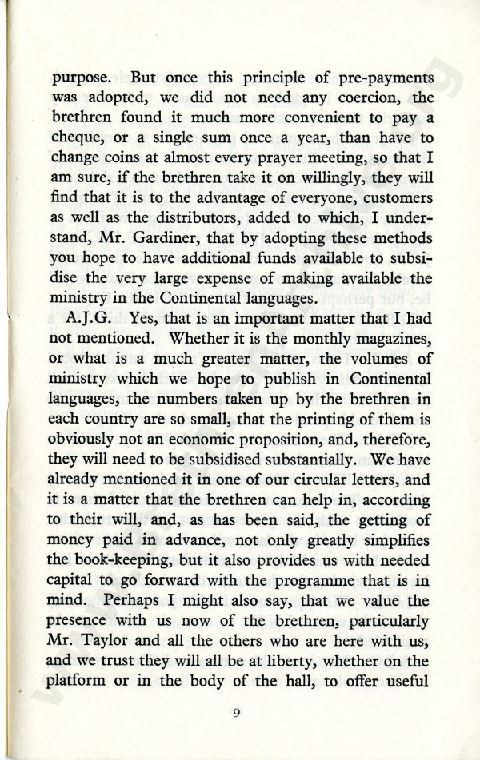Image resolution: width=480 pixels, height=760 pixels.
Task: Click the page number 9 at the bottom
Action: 238,714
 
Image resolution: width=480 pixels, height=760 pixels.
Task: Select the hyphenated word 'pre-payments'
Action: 382,81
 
